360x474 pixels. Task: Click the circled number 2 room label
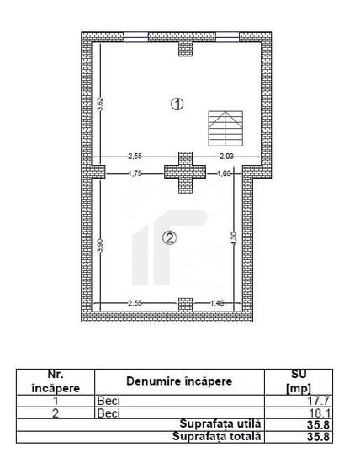coord(169,238)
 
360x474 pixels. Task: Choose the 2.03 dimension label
coord(227,157)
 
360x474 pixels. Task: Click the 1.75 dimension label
coord(134,173)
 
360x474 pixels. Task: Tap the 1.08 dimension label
coord(224,173)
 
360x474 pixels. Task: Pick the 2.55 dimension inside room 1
coord(135,157)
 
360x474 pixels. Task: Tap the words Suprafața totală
coord(217,436)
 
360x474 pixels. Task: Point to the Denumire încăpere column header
coord(179,381)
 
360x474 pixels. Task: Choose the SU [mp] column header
coord(299,381)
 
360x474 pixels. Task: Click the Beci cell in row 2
coord(109,413)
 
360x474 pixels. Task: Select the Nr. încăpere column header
coord(55,381)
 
